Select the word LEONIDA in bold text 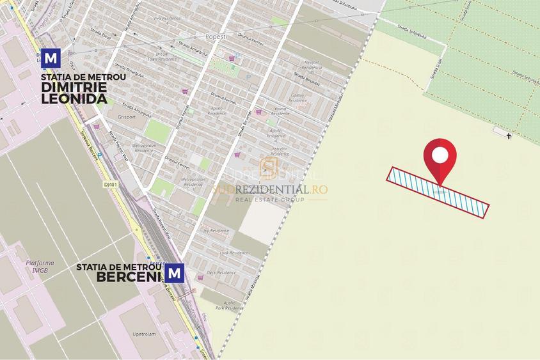74,99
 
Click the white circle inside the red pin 440,155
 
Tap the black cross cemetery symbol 509,136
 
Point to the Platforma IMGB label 40,266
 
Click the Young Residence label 280,111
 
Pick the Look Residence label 233,253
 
